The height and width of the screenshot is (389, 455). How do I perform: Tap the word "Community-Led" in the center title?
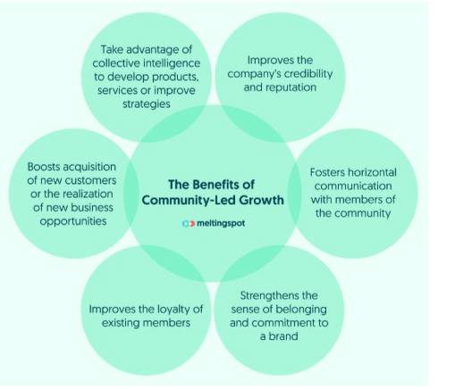189,200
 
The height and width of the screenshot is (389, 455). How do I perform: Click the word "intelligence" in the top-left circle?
172,63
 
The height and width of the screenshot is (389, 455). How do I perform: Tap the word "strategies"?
147,104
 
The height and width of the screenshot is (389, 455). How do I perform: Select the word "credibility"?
308,73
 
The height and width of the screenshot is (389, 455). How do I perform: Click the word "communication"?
353,186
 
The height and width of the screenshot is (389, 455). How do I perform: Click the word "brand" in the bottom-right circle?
283,336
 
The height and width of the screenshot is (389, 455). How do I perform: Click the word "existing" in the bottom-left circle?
121,323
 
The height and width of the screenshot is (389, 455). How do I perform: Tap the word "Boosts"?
44,167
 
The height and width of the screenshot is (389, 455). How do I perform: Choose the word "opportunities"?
73,221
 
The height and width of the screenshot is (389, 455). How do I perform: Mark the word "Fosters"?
327,172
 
